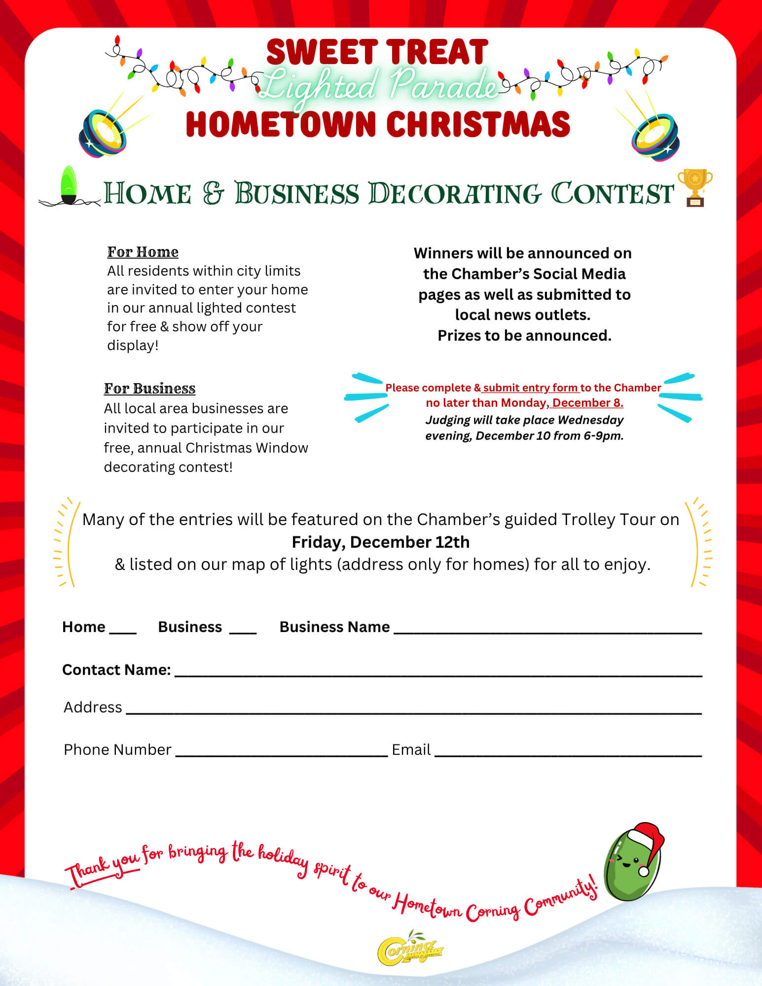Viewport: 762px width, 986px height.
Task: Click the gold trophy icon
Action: click(x=695, y=187)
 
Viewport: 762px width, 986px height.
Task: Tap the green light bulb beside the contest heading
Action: click(x=69, y=185)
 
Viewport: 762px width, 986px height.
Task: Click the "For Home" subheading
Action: click(x=143, y=252)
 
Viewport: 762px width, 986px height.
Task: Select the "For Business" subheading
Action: click(x=149, y=388)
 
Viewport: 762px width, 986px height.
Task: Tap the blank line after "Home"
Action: click(x=123, y=631)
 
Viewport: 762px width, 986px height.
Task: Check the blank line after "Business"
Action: click(x=243, y=631)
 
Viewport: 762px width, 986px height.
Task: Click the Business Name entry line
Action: click(x=547, y=631)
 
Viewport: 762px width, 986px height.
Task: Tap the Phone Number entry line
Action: click(x=282, y=754)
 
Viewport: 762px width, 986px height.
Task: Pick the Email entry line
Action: click(x=568, y=754)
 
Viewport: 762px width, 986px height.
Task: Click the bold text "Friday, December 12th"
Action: click(x=380, y=542)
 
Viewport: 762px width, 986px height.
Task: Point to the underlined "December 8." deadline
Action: click(x=587, y=403)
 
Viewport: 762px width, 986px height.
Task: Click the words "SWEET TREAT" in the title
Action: click(x=377, y=52)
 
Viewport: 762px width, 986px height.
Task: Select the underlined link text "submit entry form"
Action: click(x=530, y=388)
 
